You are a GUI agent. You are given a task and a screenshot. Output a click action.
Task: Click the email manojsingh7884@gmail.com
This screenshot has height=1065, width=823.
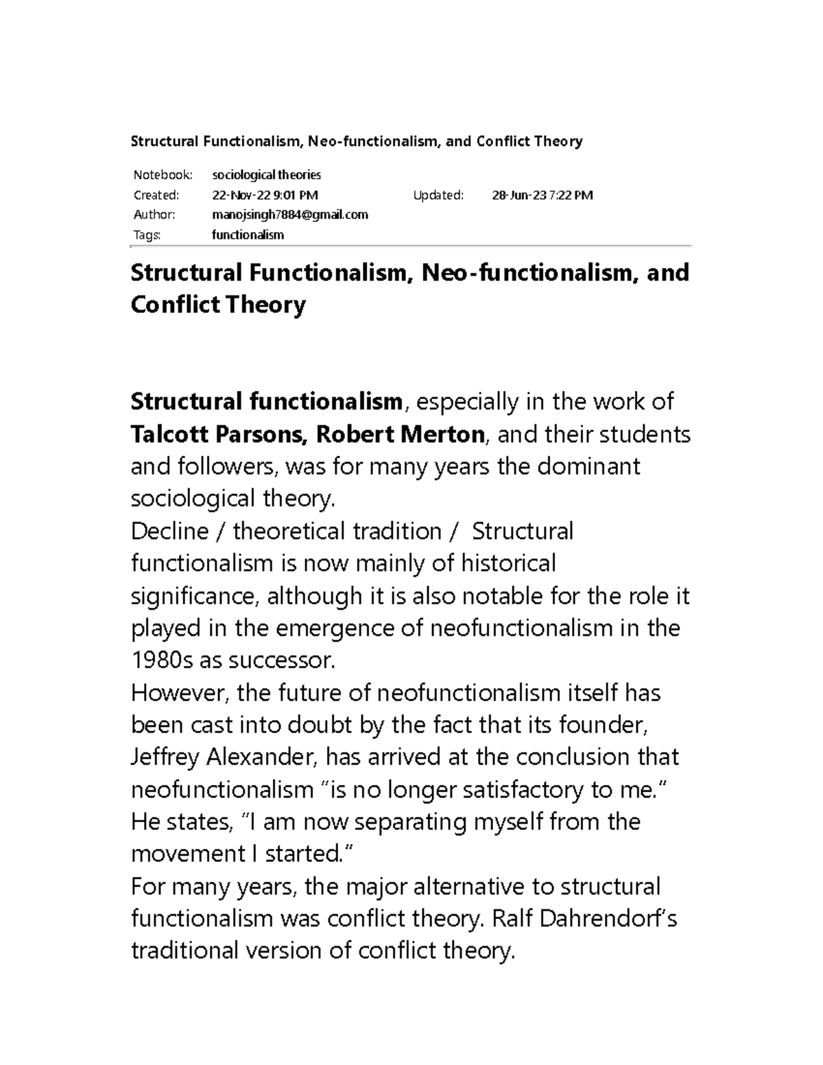[x=290, y=215]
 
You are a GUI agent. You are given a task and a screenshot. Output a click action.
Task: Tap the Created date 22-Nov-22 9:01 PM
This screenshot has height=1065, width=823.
[x=265, y=195]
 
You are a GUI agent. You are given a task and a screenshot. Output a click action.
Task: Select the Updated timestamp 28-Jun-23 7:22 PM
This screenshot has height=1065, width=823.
[x=542, y=195]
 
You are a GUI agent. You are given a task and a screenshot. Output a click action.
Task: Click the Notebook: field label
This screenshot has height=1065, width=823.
[x=163, y=175]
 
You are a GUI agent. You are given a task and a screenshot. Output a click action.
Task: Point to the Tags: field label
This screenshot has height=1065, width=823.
[x=147, y=235]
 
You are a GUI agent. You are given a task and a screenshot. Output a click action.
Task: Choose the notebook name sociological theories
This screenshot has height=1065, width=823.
[x=267, y=175]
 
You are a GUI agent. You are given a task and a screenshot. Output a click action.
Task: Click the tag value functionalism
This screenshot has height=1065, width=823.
[x=248, y=235]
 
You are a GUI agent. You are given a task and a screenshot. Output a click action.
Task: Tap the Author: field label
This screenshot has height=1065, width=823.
[x=154, y=215]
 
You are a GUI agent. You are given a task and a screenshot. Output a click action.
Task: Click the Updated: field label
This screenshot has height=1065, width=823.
[x=438, y=195]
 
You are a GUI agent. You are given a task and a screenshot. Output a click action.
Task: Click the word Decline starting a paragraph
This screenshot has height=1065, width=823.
[x=169, y=531]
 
